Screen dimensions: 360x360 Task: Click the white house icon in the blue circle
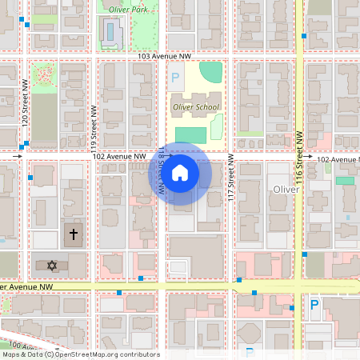(x=180, y=173)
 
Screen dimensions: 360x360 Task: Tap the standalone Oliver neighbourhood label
(x=286, y=190)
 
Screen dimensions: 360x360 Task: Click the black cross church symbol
(x=74, y=235)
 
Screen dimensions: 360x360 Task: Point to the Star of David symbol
(x=53, y=265)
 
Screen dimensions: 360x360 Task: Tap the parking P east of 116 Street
(x=314, y=305)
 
